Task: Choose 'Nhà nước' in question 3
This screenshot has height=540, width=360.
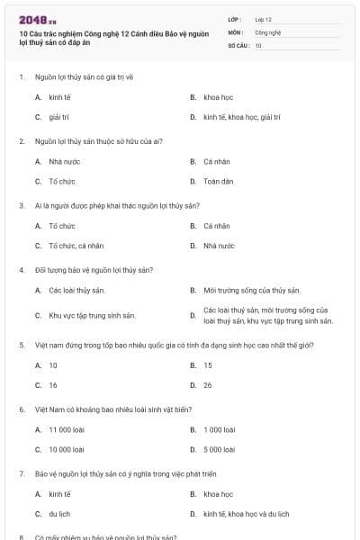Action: coord(219,245)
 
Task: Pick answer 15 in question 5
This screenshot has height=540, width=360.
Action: coord(208,365)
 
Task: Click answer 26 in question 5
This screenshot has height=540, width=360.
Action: coord(208,385)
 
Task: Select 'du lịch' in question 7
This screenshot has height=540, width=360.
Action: coord(59,514)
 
